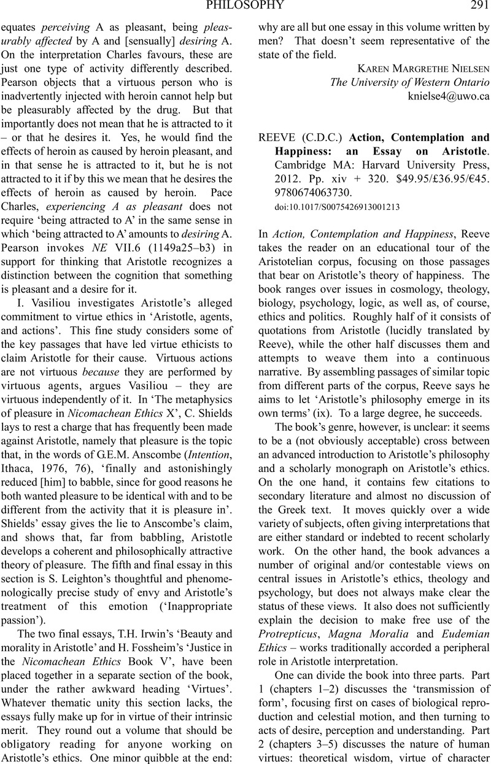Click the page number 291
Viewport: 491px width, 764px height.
pos(477,6)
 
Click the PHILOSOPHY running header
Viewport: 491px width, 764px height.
pos(245,6)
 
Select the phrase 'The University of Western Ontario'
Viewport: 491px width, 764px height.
pos(409,82)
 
